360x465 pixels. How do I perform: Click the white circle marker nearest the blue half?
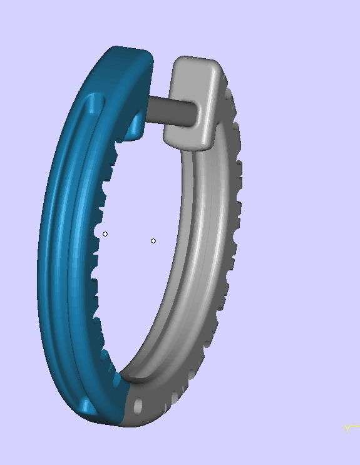click(105, 234)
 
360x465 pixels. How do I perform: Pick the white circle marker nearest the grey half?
click(153, 241)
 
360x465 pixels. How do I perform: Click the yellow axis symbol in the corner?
click(349, 428)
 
